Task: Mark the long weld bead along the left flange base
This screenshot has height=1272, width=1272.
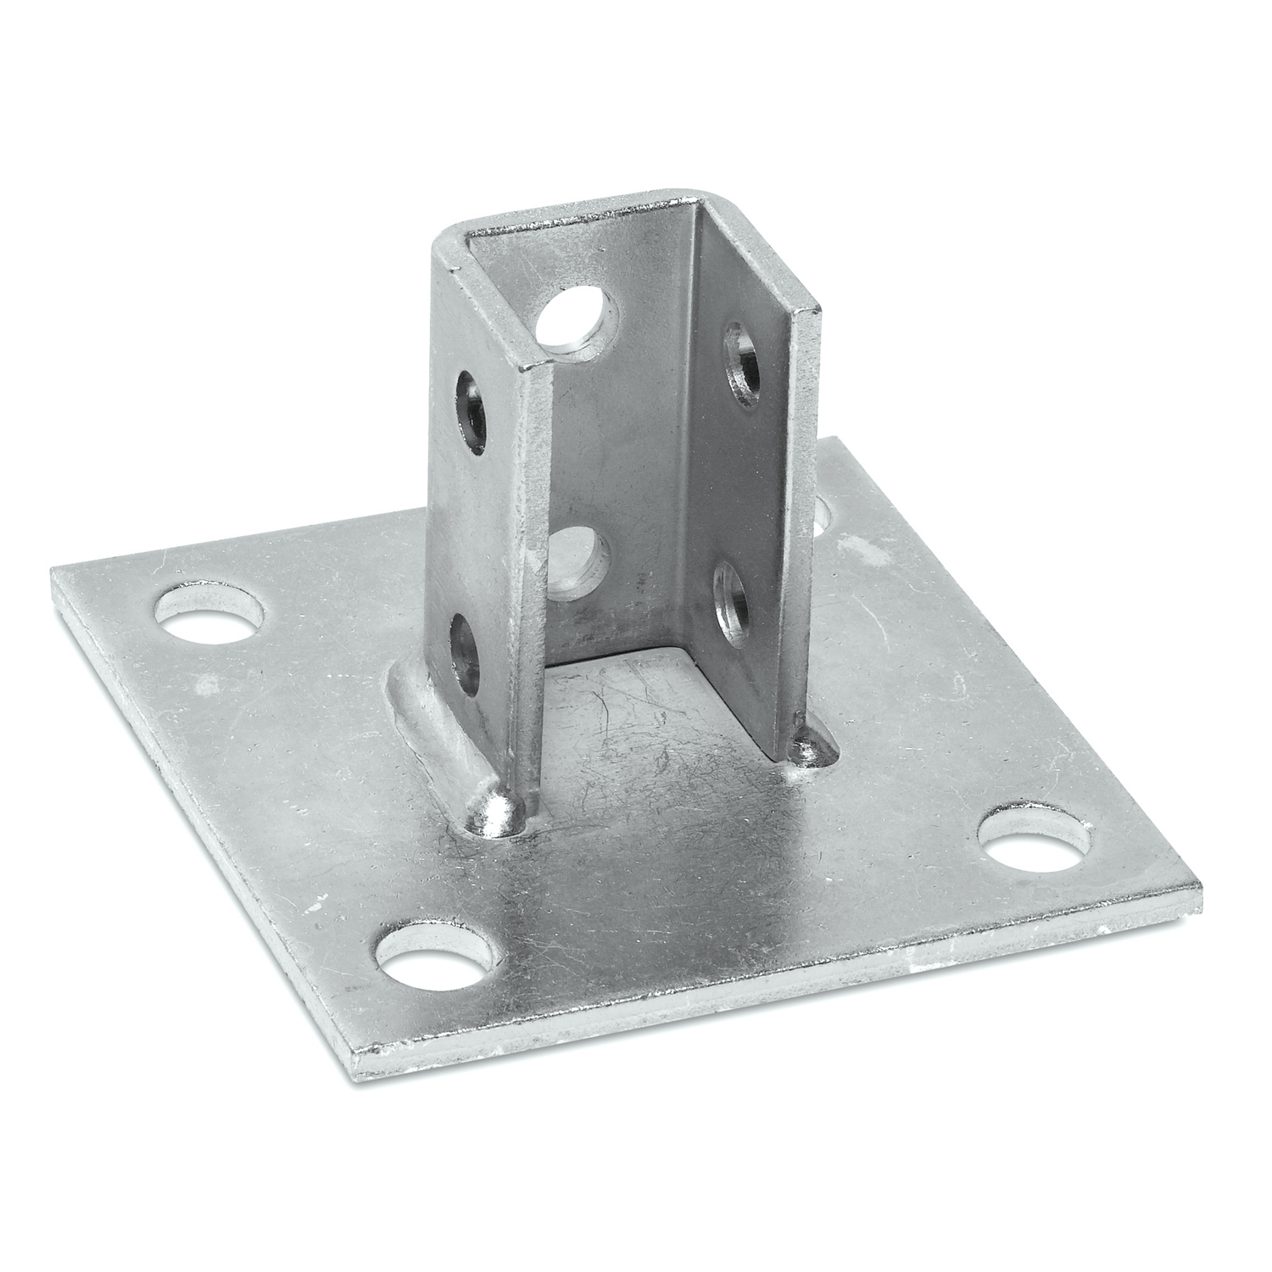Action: point(428,729)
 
